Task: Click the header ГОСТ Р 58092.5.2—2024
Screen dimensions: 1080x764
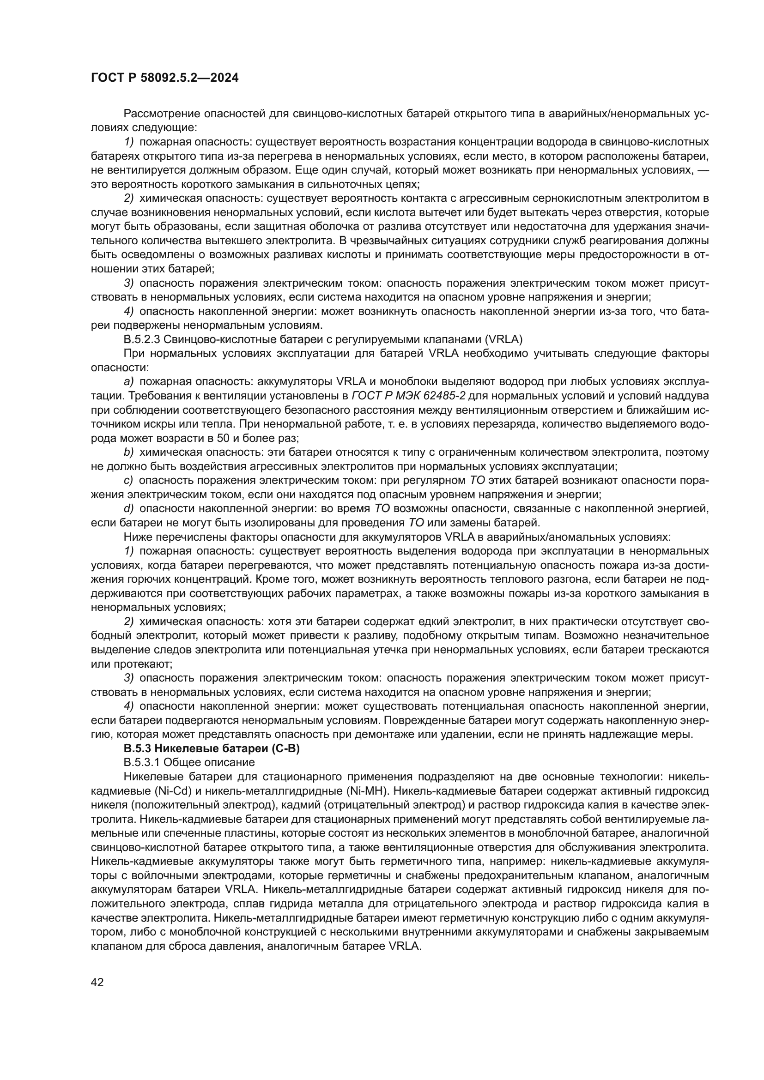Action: pos(164,78)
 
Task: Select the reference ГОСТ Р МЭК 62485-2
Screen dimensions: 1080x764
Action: pos(408,396)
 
